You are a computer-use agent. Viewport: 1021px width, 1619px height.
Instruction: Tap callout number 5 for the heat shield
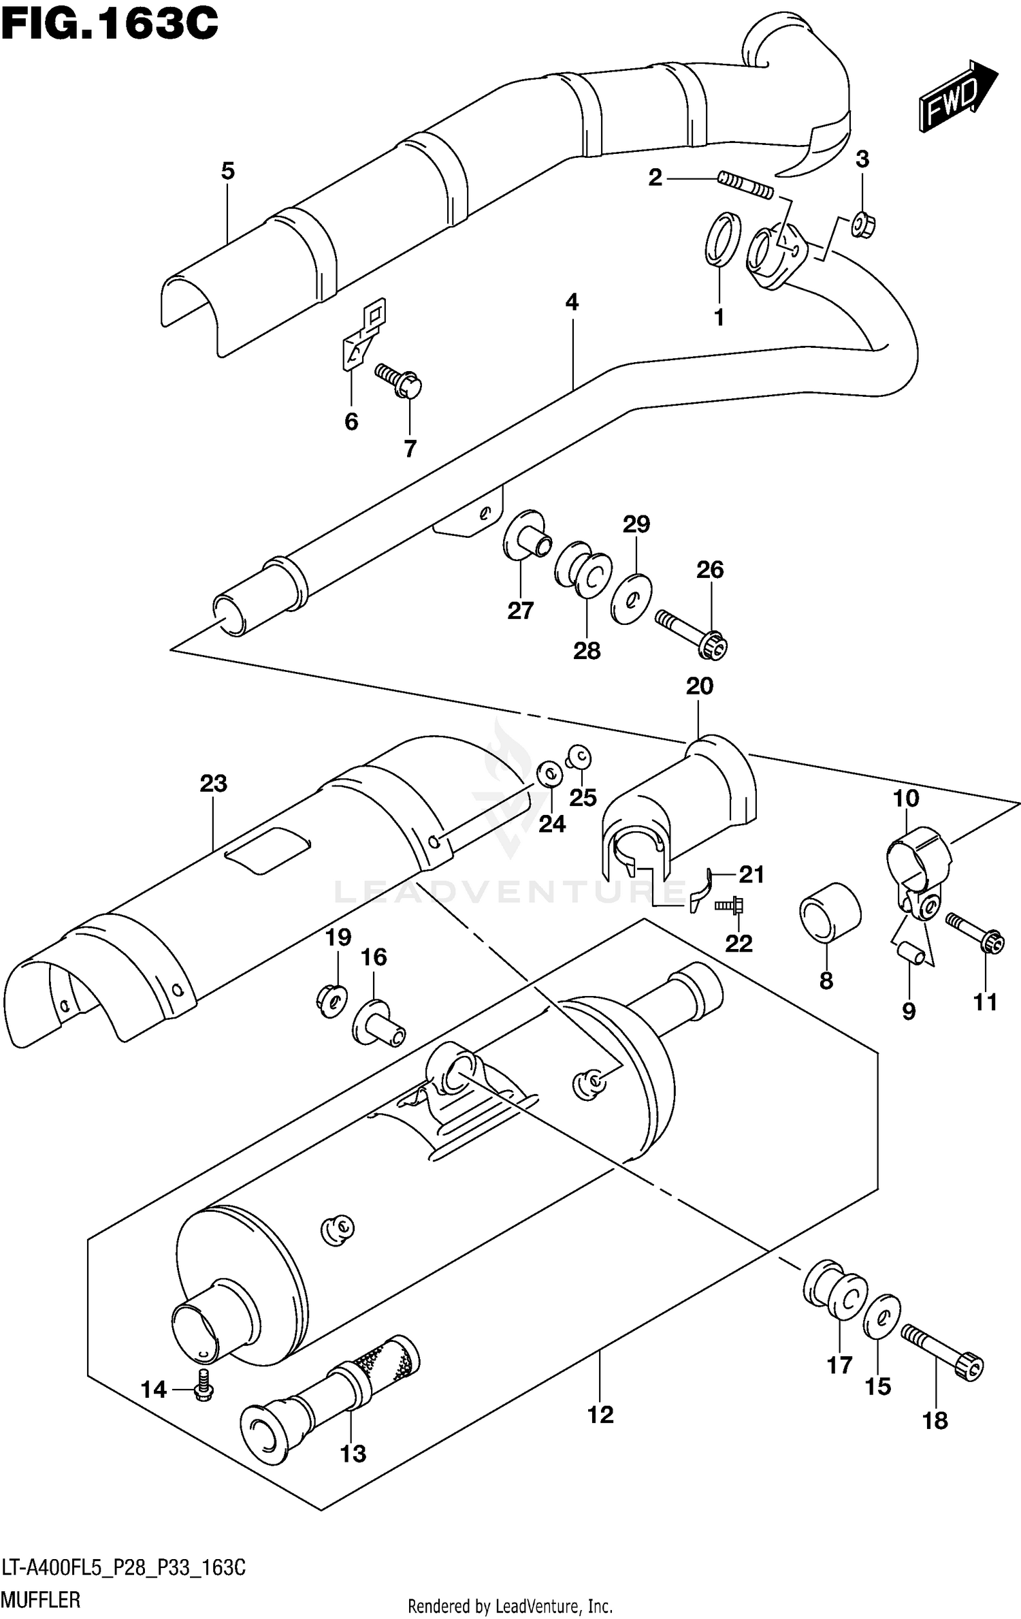(227, 171)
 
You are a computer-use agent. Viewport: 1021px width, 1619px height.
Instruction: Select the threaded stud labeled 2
(745, 186)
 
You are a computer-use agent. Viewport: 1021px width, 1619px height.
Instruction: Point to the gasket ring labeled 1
(722, 238)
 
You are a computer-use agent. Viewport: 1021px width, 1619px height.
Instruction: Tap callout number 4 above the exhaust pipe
(572, 302)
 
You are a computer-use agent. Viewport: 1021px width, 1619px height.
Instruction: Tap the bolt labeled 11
(975, 933)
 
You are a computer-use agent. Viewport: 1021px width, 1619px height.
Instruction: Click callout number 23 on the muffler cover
(213, 784)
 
